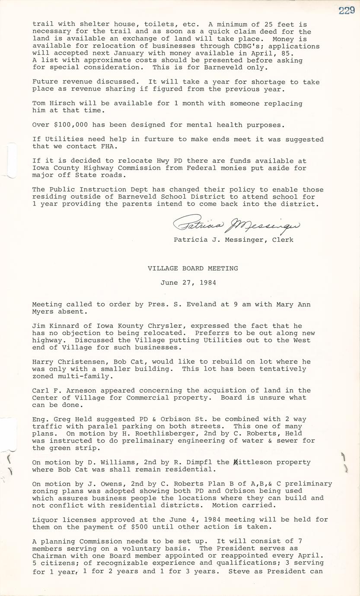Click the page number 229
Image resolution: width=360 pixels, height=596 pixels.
346,11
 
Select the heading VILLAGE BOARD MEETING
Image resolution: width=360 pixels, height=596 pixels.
193,268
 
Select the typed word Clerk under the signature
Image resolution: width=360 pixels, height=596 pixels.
283,240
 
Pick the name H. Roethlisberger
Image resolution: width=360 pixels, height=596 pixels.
151,433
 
